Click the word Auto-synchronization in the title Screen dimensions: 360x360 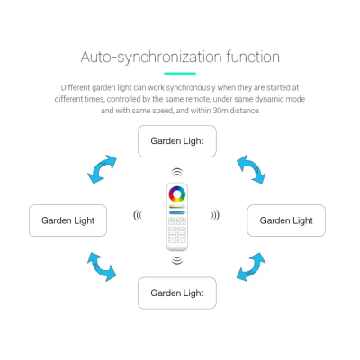pyautogui.click(x=151, y=58)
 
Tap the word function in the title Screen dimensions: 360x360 pyautogui.click(x=253, y=57)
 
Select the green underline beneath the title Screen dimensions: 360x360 pyautogui.click(x=180, y=73)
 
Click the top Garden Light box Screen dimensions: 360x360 pyautogui.click(x=177, y=141)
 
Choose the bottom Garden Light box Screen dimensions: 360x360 pyautogui.click(x=177, y=293)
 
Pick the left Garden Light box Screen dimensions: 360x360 pyautogui.click(x=67, y=220)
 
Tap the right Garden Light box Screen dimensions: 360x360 pyautogui.click(x=286, y=220)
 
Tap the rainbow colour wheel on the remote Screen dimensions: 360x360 pyautogui.click(x=177, y=194)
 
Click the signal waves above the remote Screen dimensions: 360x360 pyautogui.click(x=177, y=173)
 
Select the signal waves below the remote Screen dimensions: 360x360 pyautogui.click(x=177, y=260)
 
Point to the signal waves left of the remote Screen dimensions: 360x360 pyautogui.click(x=138, y=215)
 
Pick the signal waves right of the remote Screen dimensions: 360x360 pyautogui.click(x=215, y=215)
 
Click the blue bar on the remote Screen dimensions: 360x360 pyautogui.click(x=177, y=212)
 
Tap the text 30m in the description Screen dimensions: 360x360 pyautogui.click(x=220, y=111)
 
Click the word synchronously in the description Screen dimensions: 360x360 pyautogui.click(x=191, y=88)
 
